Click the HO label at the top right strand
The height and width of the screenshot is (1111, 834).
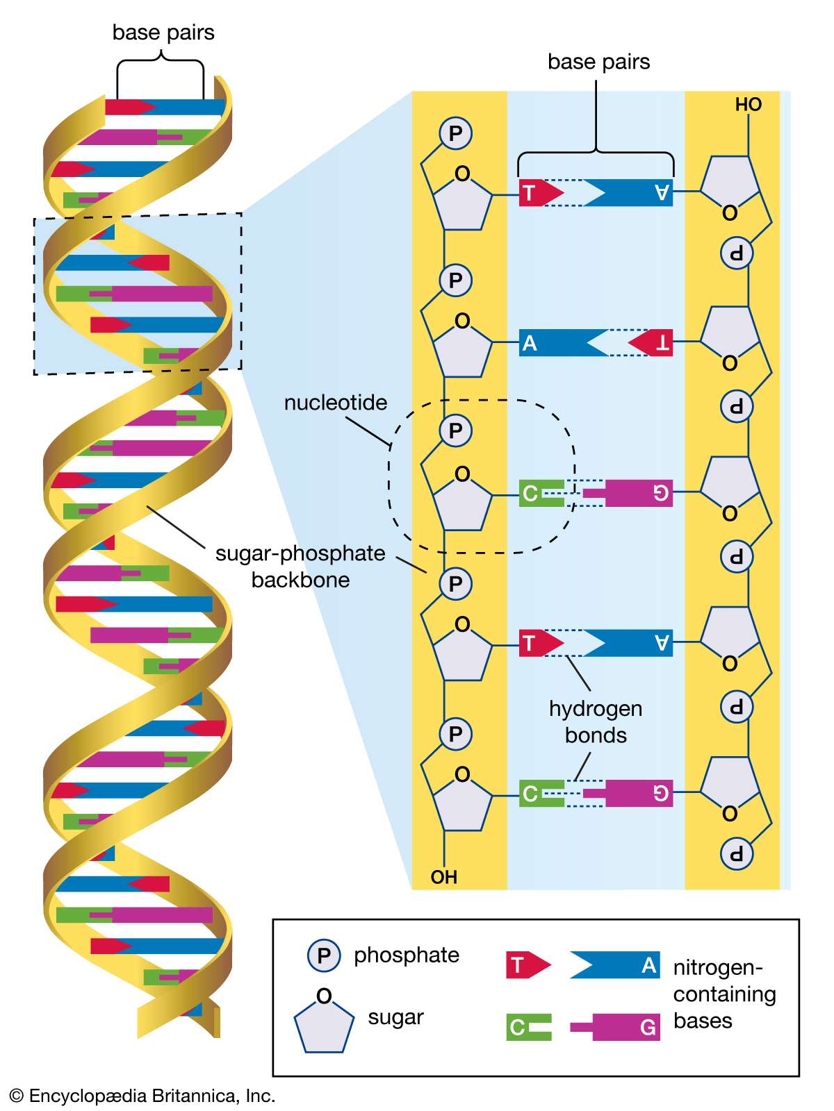(749, 105)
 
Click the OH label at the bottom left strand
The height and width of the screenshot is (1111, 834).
(444, 877)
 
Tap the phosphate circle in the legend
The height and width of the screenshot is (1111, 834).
(324, 955)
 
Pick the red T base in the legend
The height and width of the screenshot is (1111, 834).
(527, 966)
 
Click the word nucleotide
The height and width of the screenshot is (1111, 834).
(336, 403)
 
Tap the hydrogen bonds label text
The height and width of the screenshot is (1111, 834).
(596, 722)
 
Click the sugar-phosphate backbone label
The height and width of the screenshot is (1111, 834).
(300, 567)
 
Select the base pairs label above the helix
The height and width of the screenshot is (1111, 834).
(163, 33)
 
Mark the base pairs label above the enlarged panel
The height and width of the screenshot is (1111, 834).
(598, 62)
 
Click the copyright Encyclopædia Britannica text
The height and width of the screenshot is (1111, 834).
(142, 1096)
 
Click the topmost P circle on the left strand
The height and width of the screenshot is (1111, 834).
(456, 133)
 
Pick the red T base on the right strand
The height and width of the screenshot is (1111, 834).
(653, 343)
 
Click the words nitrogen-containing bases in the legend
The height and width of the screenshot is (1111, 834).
(724, 994)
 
